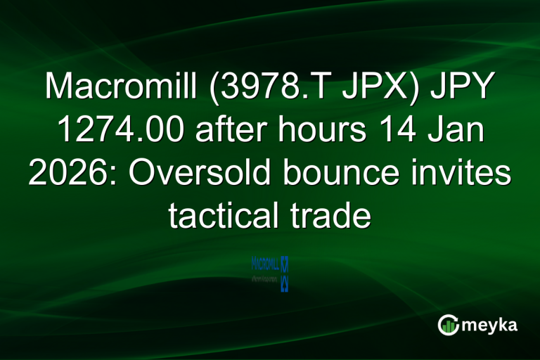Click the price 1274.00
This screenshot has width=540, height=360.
coord(112,131)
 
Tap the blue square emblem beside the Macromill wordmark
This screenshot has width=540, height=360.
coord(284,265)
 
